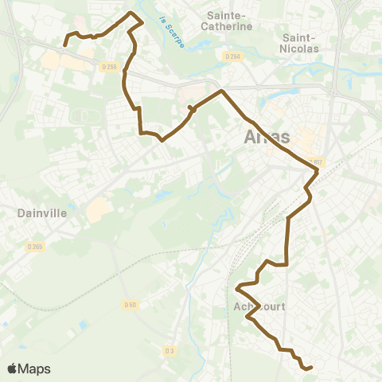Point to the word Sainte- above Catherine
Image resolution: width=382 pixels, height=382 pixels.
tap(228, 14)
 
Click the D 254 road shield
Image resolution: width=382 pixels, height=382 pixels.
tap(232, 57)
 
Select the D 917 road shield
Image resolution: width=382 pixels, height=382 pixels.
tap(316, 162)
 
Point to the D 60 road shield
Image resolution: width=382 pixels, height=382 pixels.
tap(131, 304)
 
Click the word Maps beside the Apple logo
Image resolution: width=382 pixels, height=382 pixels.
tap(35, 368)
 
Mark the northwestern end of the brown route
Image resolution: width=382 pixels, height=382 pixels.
tap(64, 45)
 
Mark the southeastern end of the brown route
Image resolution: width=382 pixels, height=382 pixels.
tap(311, 367)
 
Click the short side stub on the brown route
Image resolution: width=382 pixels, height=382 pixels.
tap(189, 107)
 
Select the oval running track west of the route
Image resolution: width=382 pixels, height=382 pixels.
tap(80, 117)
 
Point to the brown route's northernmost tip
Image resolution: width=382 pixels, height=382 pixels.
tap(131, 13)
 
